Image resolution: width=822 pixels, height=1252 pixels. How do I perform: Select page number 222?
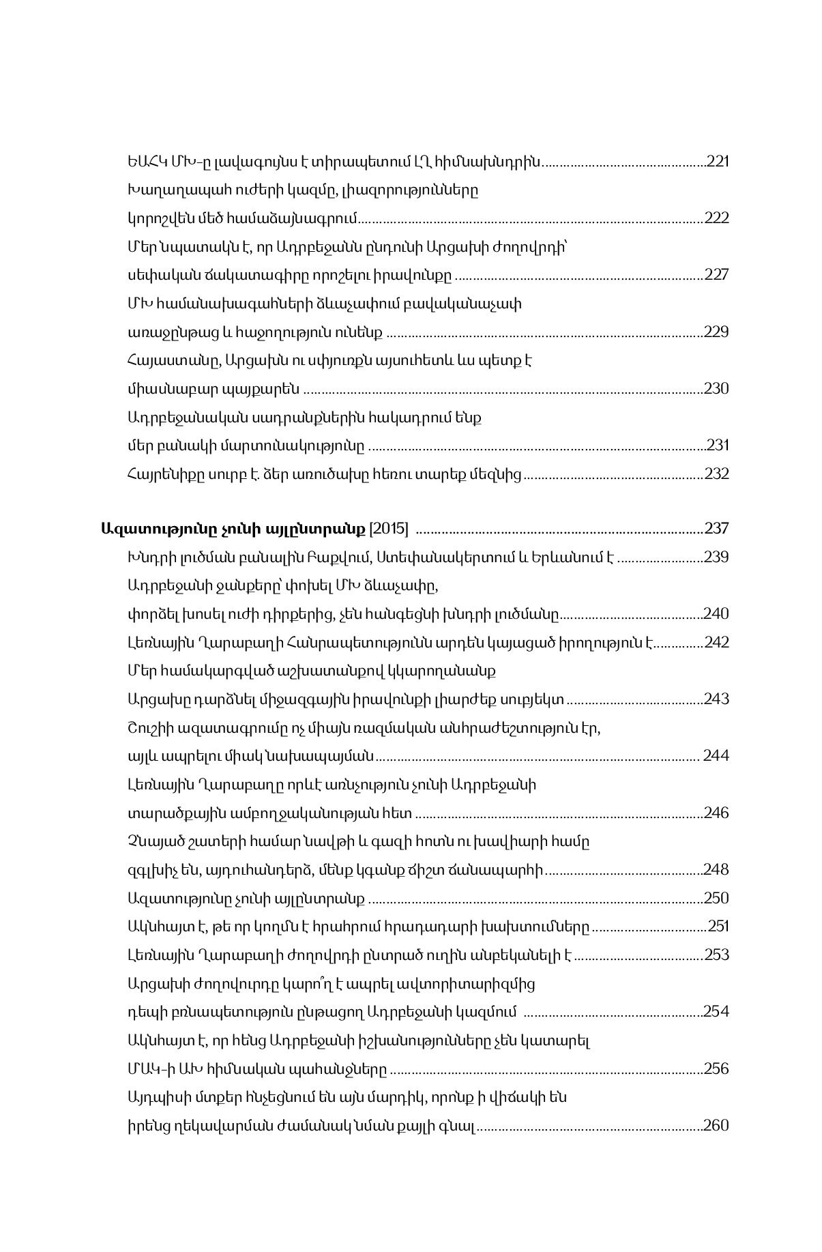[716, 218]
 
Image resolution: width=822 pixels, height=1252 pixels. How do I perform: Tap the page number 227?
[716, 275]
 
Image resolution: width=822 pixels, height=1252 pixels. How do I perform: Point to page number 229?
[716, 332]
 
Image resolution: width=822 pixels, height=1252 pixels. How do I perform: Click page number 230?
[716, 389]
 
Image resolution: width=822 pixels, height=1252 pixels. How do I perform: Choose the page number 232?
[716, 474]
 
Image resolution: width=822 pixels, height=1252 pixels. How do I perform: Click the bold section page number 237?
[716, 529]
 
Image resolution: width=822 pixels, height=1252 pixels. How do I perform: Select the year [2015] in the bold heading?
[388, 529]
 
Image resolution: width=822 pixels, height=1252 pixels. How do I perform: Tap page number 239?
[716, 557]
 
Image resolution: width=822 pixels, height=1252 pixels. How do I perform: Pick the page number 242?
[716, 643]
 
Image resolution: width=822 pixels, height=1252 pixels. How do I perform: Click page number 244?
[716, 756]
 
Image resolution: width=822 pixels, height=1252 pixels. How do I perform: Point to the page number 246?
[716, 813]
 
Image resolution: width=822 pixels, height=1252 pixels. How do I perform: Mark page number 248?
[716, 870]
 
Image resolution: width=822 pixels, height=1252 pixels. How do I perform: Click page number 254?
[716, 1011]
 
